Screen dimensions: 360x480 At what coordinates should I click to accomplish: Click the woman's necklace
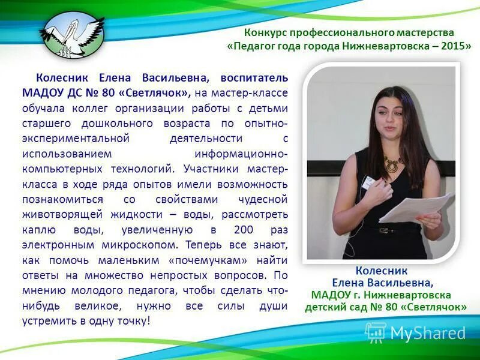pos(394,163)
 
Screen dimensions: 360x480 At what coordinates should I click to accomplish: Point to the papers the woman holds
pos(417,207)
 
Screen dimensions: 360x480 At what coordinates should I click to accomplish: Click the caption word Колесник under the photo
pos(381,271)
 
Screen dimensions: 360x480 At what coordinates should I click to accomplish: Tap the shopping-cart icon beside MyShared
pos(376,332)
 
